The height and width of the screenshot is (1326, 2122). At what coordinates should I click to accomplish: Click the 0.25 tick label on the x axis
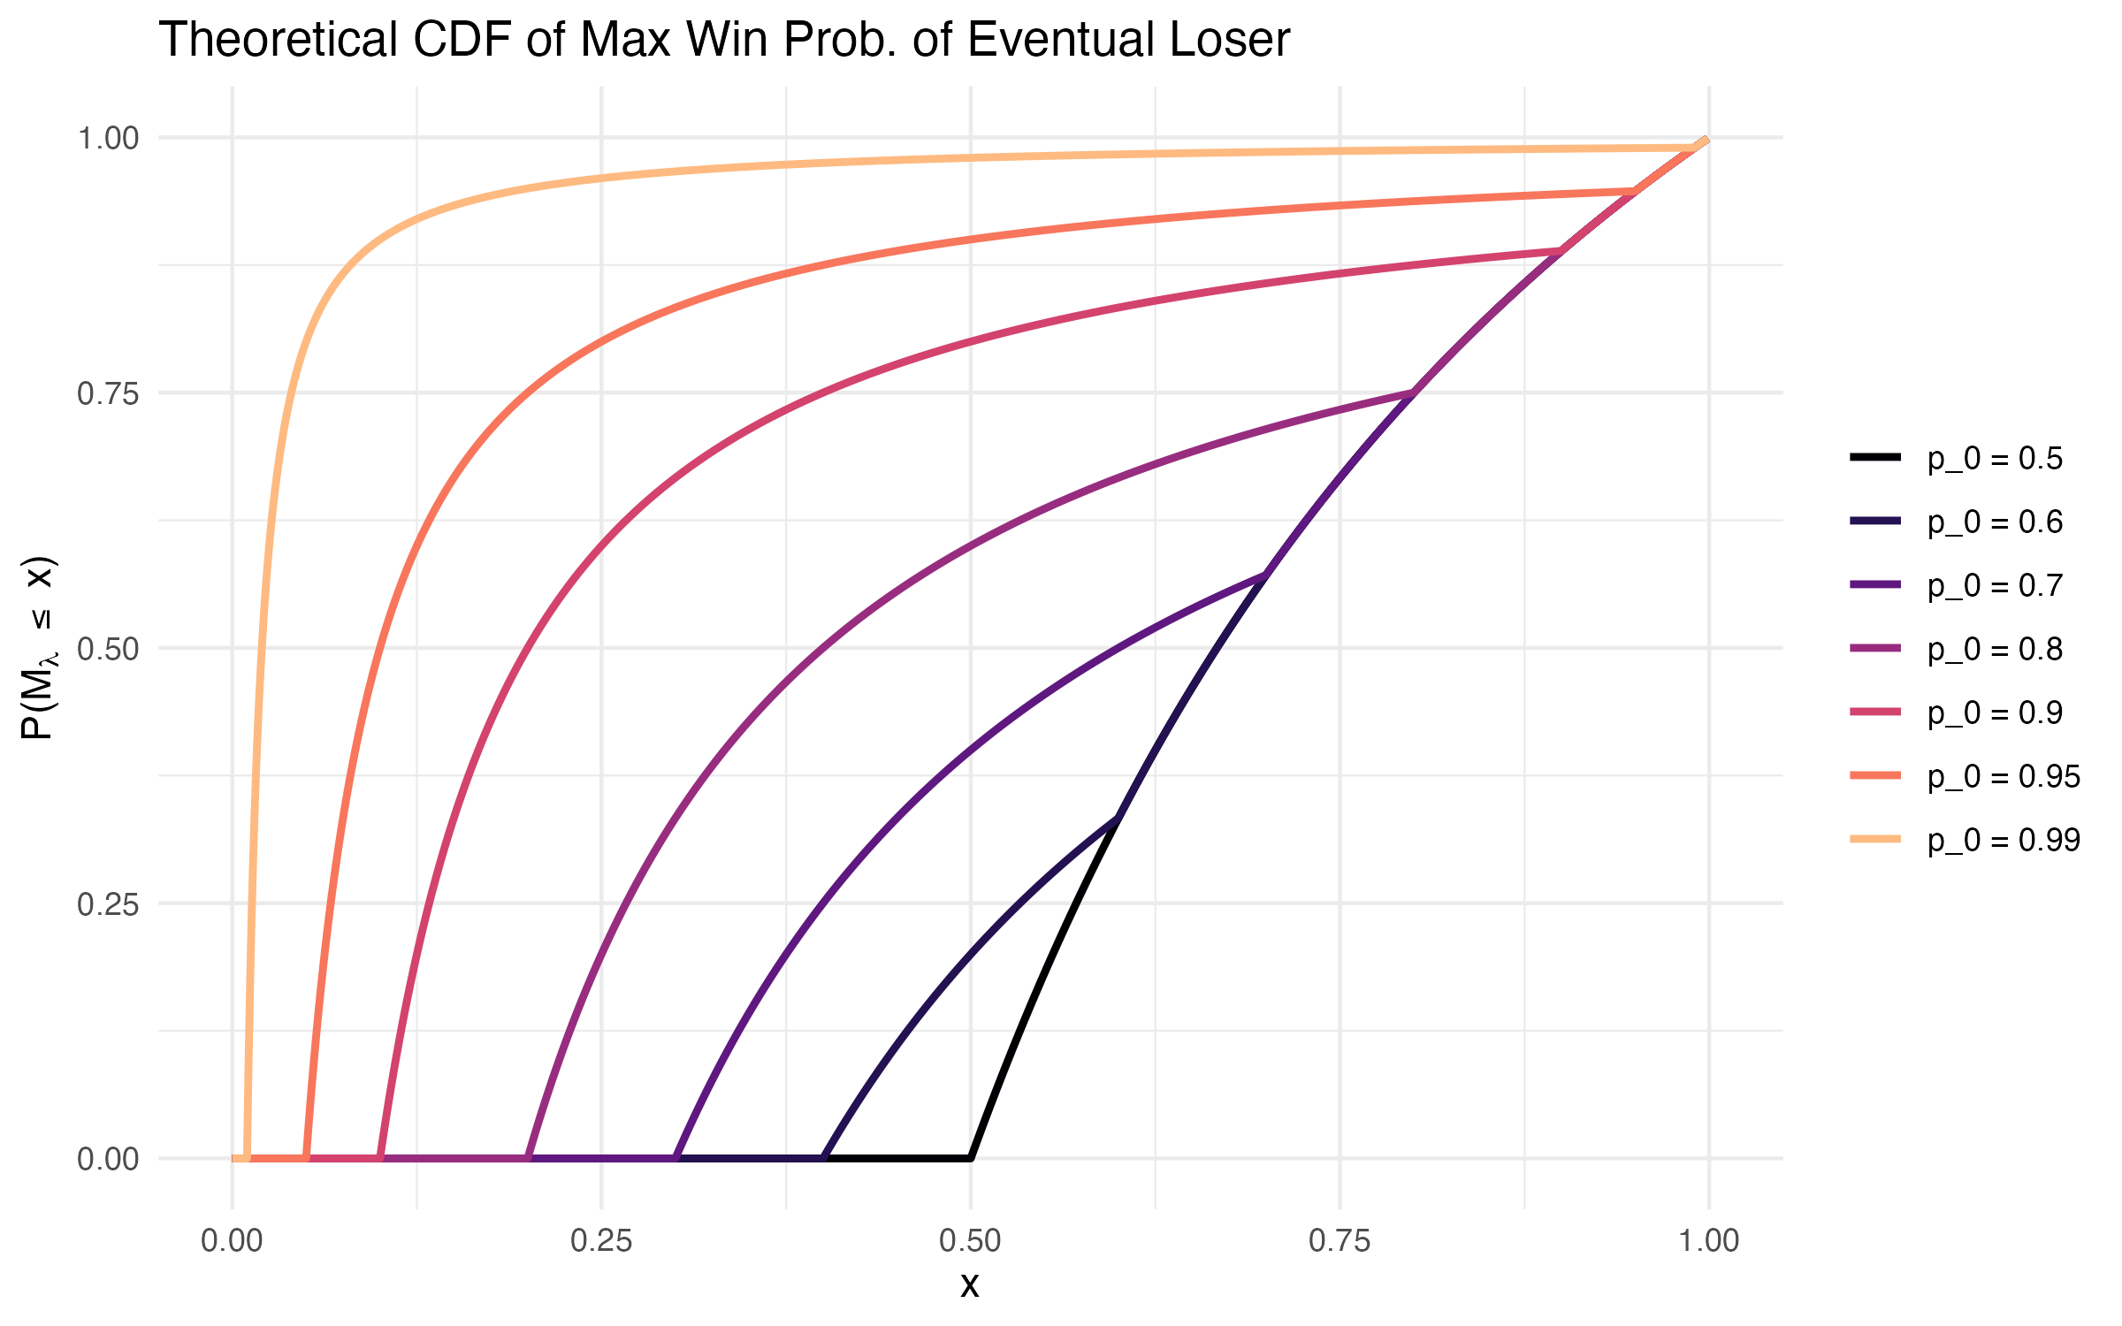coord(601,1241)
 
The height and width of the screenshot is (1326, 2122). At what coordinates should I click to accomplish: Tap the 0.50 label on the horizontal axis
coord(970,1241)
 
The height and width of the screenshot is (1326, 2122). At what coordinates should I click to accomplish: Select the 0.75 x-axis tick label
coord(1340,1241)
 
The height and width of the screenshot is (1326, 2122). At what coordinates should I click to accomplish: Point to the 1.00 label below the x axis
coord(1708,1241)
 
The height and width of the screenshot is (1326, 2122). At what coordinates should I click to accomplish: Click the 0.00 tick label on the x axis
coord(232,1241)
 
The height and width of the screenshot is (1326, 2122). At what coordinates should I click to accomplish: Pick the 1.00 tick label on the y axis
coord(108,138)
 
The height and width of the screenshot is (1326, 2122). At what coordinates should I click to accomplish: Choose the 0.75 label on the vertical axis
coord(108,393)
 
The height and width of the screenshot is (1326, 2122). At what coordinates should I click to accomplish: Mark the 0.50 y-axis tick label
coord(108,649)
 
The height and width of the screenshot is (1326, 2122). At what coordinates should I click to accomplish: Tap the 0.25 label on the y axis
coord(108,903)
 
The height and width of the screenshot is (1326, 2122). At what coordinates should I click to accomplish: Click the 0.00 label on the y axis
coord(108,1159)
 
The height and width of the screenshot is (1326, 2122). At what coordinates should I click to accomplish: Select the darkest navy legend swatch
coord(1874,521)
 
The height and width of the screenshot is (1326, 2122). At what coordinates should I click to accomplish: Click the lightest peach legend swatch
coord(1874,839)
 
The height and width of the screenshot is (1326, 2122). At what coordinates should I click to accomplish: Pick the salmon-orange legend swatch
coord(1874,775)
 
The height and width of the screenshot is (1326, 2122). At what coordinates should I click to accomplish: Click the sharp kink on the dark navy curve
coord(1119,818)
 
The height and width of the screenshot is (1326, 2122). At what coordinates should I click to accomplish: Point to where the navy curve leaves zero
coord(823,1158)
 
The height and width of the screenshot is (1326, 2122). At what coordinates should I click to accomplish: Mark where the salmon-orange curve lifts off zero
coord(306,1158)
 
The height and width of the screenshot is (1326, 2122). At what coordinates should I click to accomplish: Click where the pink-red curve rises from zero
coord(380,1158)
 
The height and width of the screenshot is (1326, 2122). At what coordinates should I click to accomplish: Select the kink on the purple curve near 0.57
coord(1266,575)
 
